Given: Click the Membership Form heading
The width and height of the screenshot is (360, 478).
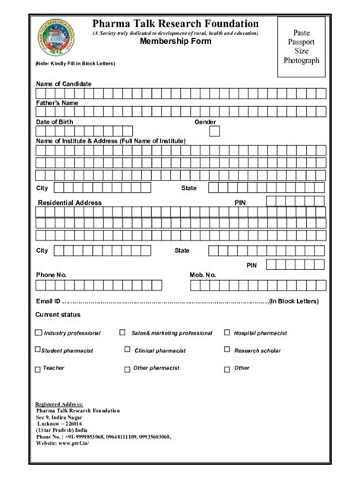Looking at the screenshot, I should (175, 42).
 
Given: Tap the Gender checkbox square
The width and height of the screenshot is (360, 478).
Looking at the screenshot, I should (215, 131).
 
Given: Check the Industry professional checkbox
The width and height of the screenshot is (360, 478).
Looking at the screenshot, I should (39, 332).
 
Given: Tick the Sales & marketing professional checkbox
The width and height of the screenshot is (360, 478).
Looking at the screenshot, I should (122, 332).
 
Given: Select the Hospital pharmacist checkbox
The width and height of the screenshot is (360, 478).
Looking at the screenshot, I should (227, 332).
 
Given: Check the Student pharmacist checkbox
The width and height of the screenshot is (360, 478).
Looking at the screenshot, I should (38, 350).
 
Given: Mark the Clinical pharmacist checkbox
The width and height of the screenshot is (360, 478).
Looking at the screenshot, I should (126, 350).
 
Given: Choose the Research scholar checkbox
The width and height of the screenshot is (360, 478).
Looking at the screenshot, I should (227, 350).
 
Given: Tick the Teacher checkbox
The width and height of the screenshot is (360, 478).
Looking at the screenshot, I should (38, 368).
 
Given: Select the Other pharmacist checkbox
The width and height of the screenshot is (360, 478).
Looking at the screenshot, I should (126, 368).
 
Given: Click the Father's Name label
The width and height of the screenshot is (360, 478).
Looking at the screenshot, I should (57, 101).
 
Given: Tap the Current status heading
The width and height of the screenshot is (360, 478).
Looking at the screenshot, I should (58, 314).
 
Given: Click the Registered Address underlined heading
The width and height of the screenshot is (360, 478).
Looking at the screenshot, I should (60, 404).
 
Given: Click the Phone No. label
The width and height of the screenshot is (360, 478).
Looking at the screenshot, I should (52, 273).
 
